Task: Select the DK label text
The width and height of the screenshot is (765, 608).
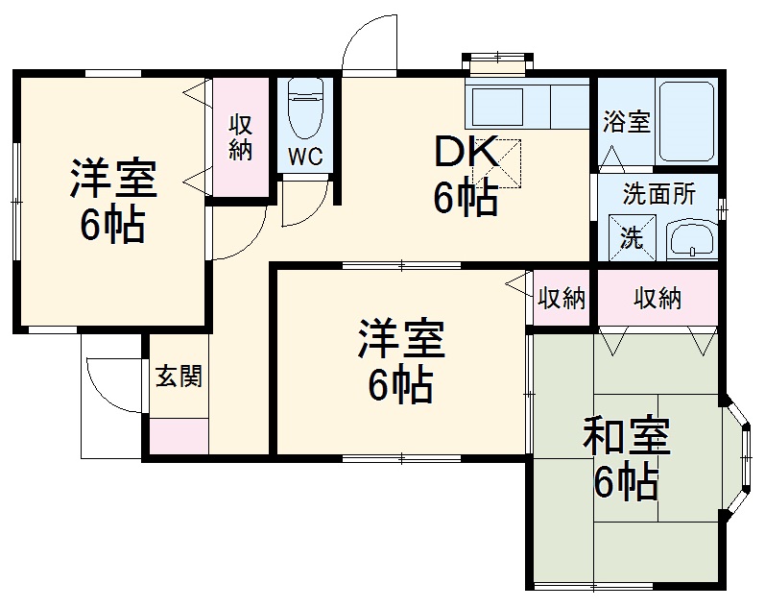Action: point(466,151)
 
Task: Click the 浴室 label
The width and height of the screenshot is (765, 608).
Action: point(626,122)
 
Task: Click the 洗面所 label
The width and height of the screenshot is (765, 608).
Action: point(658,193)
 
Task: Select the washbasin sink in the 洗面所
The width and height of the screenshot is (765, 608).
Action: point(690,237)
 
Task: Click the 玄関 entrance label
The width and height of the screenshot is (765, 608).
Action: point(179,376)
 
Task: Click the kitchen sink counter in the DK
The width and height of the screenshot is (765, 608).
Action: point(526,105)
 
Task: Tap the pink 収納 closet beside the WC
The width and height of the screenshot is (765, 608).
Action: point(240,136)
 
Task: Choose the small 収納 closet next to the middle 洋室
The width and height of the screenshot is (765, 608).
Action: point(561,299)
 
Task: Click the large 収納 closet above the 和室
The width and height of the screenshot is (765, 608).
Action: point(657,299)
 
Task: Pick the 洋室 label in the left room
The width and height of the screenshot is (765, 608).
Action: point(112,180)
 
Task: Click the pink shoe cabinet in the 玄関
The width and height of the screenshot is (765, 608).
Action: point(179,436)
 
